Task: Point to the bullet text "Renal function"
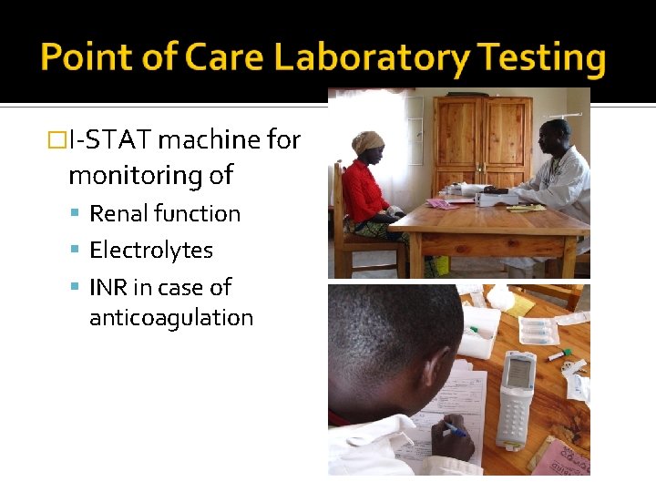coord(165,214)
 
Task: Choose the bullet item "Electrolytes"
coord(151,251)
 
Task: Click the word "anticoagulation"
coord(171,318)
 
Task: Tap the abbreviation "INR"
coord(108,287)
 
